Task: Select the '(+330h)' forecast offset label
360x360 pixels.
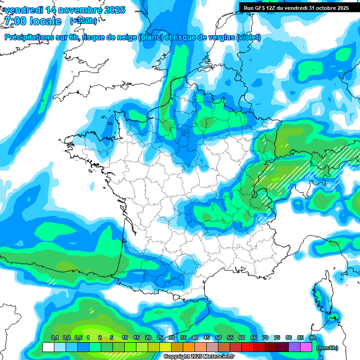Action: click(x=83, y=21)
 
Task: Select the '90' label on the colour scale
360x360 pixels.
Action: click(x=312, y=337)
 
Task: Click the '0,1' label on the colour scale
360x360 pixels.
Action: click(x=55, y=337)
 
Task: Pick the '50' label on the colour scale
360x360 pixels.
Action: click(x=218, y=337)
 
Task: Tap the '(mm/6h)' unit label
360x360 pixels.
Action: click(x=327, y=348)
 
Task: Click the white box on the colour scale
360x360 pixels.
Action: click(x=48, y=347)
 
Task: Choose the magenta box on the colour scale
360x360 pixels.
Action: click(x=306, y=347)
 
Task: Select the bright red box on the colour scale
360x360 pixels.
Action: click(x=247, y=347)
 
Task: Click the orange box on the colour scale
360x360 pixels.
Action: click(x=189, y=347)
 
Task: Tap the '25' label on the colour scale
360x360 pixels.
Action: click(x=160, y=337)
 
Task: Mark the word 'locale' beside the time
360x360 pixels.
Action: click(x=45, y=21)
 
